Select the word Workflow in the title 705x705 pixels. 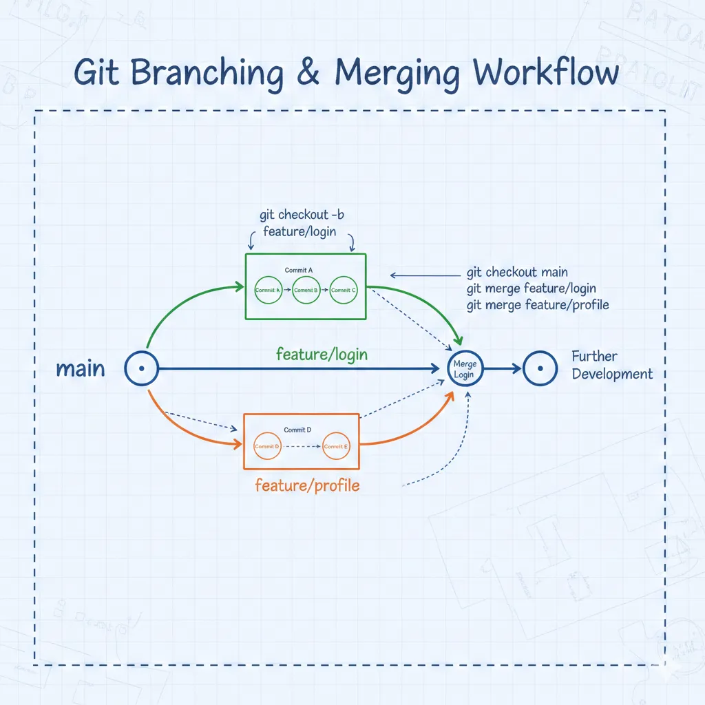point(546,72)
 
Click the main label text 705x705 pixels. point(81,369)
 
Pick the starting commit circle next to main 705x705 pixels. point(141,369)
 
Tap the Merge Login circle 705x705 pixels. point(465,369)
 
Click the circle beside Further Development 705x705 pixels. point(540,369)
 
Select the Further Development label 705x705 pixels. point(611,366)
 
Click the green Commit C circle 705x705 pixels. point(343,291)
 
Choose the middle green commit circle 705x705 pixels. point(306,291)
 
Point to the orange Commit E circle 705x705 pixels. point(335,446)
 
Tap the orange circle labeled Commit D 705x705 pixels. point(267,446)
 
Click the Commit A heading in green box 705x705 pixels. point(298,271)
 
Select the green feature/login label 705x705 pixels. point(322,355)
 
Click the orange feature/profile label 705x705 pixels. point(307,485)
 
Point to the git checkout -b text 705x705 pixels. point(302,215)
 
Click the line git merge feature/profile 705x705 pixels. point(537,304)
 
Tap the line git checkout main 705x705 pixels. point(517,273)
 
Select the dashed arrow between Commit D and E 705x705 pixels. point(302,446)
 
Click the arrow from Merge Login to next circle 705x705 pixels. point(503,369)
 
